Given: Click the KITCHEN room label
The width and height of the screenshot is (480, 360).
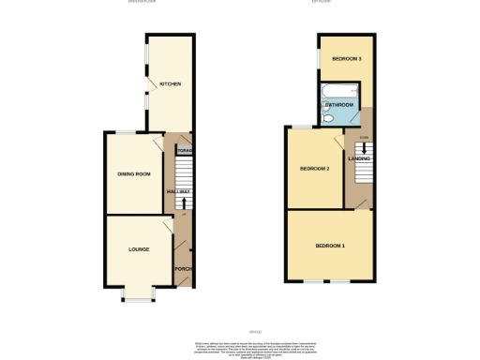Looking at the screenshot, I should pos(170,83).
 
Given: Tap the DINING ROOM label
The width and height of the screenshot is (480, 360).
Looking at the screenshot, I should pos(134,174).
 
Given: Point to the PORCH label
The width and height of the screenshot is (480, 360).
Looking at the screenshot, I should pos(183,270).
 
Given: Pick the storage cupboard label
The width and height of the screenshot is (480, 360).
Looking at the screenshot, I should pos(184,150).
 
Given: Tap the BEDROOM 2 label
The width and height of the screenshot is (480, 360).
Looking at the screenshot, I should pos(314,169).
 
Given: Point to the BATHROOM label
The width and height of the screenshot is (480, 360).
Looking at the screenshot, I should pos(339,104).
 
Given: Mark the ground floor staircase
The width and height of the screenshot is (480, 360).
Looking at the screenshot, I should pos(184,178).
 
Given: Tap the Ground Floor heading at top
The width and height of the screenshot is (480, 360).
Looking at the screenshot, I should pos(142,2).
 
